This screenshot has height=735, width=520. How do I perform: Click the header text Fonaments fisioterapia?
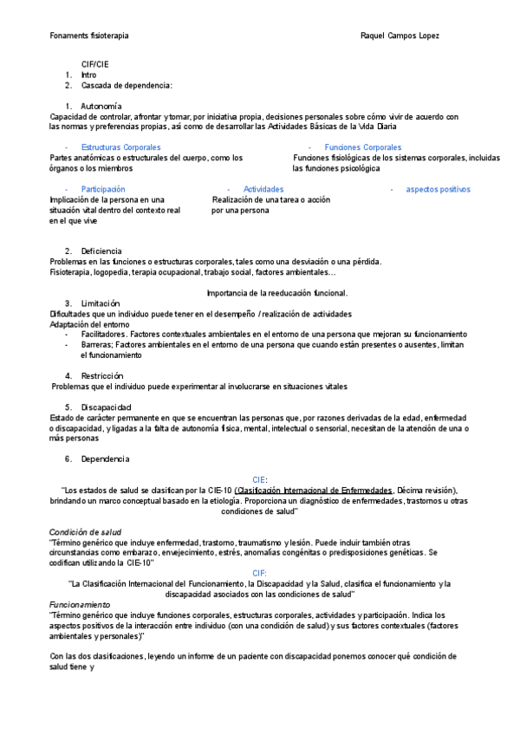[x=89, y=36]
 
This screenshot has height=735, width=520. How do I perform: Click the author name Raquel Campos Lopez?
[x=399, y=36]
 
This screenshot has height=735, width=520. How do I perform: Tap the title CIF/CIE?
[x=95, y=64]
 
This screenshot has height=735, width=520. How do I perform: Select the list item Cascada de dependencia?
[x=127, y=85]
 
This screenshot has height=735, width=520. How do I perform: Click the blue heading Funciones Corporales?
[x=362, y=147]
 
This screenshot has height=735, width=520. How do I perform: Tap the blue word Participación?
[x=103, y=189]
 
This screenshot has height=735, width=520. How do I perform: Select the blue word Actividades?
[x=263, y=189]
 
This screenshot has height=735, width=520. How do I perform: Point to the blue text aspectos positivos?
[x=438, y=189]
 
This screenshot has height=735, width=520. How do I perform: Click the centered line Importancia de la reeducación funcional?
[x=278, y=292]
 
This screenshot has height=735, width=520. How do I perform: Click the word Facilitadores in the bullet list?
[x=104, y=334]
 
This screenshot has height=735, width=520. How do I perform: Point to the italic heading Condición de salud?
[x=85, y=531]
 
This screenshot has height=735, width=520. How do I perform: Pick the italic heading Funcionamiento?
[x=80, y=603]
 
